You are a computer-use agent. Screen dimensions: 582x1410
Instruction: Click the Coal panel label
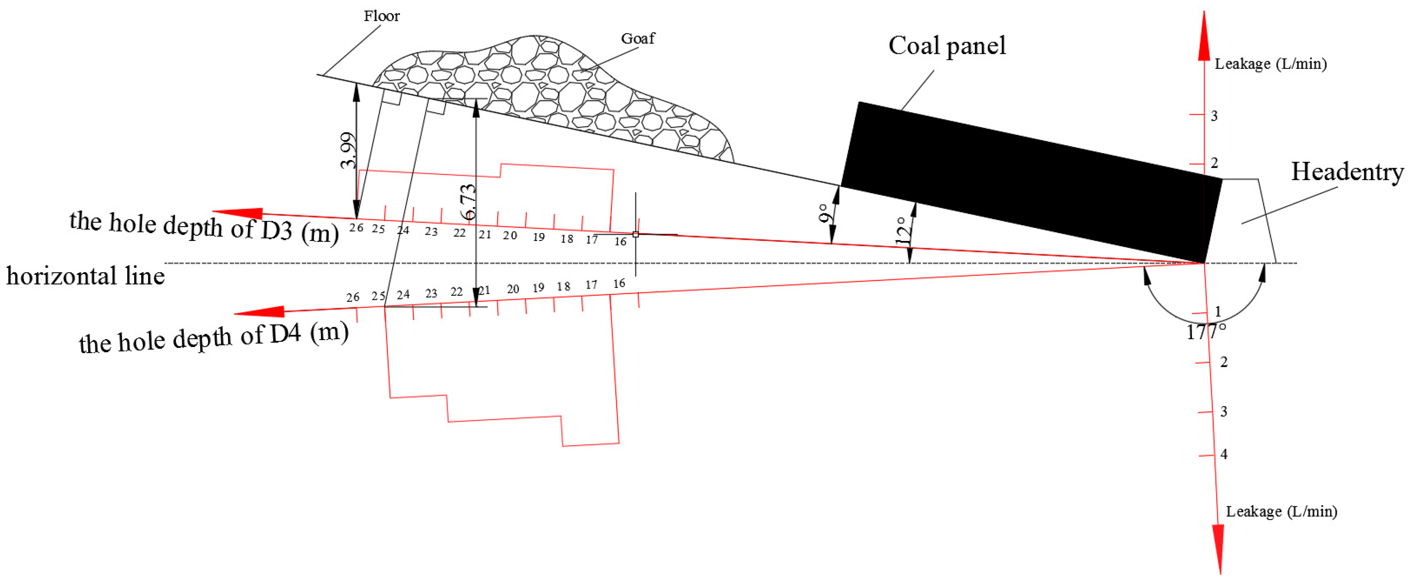tap(947, 46)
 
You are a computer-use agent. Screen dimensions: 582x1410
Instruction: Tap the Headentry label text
tap(1347, 172)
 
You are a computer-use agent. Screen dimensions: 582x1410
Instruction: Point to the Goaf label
tap(638, 39)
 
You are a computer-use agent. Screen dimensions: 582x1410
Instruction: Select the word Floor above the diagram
tap(381, 16)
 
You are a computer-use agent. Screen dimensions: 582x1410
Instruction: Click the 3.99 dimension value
tap(348, 151)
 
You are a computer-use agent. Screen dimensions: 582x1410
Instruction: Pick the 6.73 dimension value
tap(468, 202)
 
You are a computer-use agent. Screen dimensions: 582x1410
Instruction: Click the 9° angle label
tap(823, 214)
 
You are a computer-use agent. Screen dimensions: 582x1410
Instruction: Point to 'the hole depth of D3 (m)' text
tap(204, 227)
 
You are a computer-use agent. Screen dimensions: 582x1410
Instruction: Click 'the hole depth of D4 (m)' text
tap(214, 338)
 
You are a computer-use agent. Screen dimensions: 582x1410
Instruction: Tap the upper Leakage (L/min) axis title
tap(1270, 64)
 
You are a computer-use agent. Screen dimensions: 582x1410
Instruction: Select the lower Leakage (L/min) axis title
tap(1282, 511)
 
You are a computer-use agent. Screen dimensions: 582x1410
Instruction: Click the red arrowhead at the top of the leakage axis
tap(1204, 38)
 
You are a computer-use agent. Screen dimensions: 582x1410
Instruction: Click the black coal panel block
tap(1029, 181)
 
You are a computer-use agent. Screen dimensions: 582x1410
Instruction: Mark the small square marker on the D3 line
tap(635, 234)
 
